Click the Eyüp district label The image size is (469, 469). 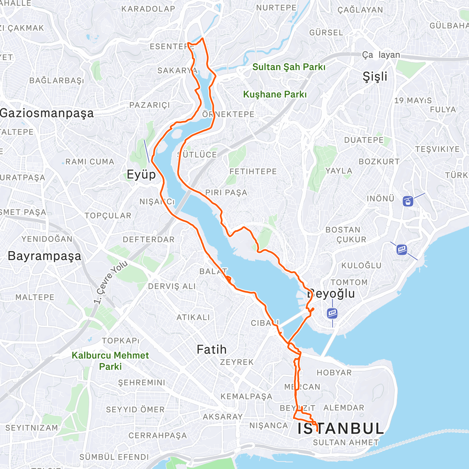[x=141, y=174]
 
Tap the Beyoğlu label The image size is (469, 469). [x=331, y=294]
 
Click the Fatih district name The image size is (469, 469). [x=211, y=349]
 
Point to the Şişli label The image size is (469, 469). [x=375, y=77]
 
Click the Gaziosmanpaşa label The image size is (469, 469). [x=47, y=113]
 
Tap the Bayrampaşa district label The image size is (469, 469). [x=45, y=256]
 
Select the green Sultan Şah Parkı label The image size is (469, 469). [x=288, y=67]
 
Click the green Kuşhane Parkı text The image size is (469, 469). [x=275, y=95]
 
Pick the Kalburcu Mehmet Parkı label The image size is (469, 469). [x=110, y=361]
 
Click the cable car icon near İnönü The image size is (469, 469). [x=408, y=202]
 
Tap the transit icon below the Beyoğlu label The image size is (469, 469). [x=332, y=313]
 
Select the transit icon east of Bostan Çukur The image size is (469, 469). [x=401, y=249]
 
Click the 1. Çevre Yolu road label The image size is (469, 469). [x=111, y=282]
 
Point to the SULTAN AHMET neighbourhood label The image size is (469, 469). [x=346, y=442]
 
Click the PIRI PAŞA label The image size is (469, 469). [x=226, y=193]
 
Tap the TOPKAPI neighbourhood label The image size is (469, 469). [x=121, y=341]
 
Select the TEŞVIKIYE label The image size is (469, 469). [x=437, y=149]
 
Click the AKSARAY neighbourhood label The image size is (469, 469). [x=222, y=417]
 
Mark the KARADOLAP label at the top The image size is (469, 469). [x=148, y=9]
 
